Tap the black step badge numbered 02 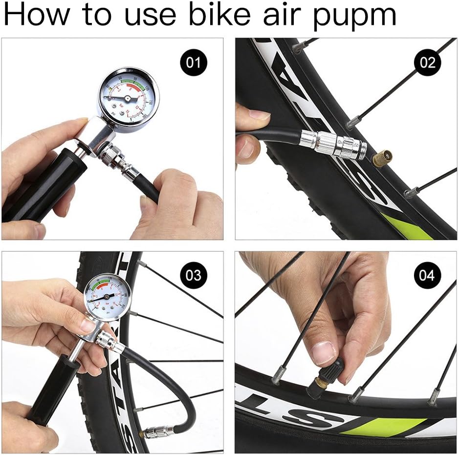coord(427,63)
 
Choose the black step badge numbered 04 coord(427,275)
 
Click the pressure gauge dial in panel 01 coord(128,98)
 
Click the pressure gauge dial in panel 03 coord(107,297)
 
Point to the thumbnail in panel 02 coord(259,115)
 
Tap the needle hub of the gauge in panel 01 coord(128,99)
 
